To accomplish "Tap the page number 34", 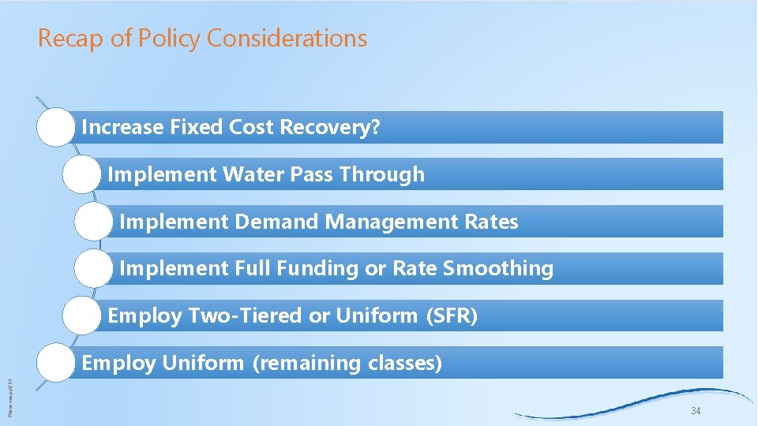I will pyautogui.click(x=695, y=411).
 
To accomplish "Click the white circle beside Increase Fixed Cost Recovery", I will pyautogui.click(x=56, y=128).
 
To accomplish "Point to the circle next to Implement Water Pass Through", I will pyautogui.click(x=81, y=175).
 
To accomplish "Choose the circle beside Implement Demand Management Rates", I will pyautogui.click(x=94, y=222).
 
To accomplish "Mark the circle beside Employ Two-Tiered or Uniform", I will pyautogui.click(x=81, y=316).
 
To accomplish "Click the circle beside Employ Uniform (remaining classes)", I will pyautogui.click(x=56, y=364).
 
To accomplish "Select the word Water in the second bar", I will pyautogui.click(x=250, y=174).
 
